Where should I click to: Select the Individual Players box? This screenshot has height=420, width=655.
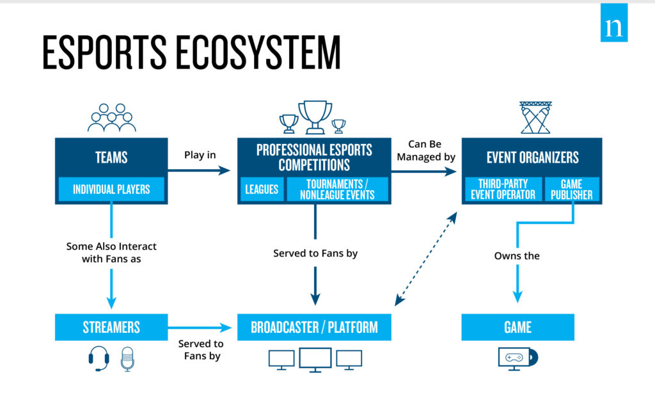[x=111, y=190]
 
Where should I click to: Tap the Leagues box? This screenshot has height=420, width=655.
[x=262, y=190]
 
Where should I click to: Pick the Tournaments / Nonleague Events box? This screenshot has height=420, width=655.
[x=337, y=190]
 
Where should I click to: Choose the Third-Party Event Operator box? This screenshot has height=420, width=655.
[x=503, y=190]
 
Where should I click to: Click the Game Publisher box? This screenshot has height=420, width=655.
[x=571, y=190]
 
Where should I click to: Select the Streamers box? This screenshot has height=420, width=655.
[x=111, y=327]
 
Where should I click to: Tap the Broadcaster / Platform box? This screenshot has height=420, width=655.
[x=314, y=327]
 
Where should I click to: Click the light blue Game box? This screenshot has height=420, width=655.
[x=517, y=327]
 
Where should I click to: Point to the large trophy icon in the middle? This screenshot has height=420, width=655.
[x=315, y=116]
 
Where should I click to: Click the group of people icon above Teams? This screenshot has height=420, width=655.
[x=111, y=117]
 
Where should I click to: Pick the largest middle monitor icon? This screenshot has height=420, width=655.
[x=315, y=359]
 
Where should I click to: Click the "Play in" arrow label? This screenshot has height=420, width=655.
[x=200, y=155]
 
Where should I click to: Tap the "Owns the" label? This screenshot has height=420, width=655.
[x=517, y=255]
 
